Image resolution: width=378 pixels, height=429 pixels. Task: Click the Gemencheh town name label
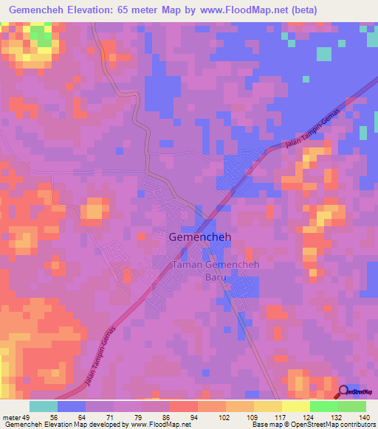point(197,238)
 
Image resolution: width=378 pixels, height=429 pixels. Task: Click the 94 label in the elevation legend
point(194,416)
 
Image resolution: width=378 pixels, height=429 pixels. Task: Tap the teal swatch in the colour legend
point(43,406)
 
